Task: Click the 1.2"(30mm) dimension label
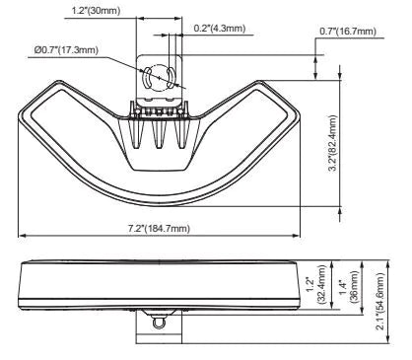(x=97, y=11)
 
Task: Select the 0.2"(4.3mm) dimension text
(x=220, y=29)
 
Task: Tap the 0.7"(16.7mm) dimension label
(x=348, y=32)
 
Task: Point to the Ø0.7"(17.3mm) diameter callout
(x=66, y=50)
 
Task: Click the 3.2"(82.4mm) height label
(x=333, y=143)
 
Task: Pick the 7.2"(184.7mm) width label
(x=159, y=228)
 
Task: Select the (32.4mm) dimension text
(x=321, y=285)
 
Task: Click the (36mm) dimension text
(x=354, y=286)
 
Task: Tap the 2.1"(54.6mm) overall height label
(x=380, y=301)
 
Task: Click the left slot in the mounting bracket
(x=146, y=77)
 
